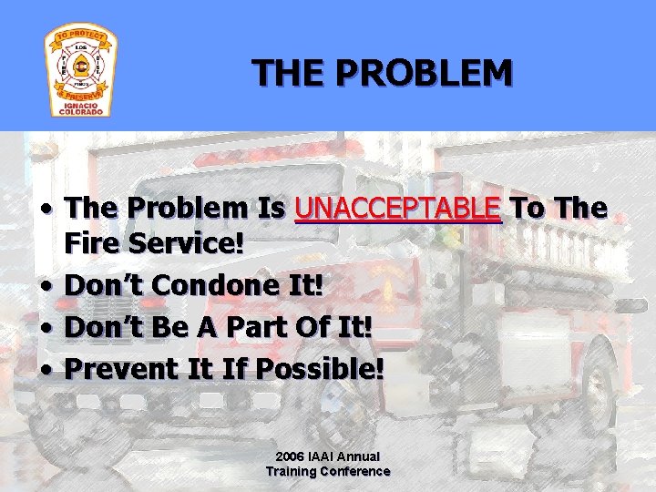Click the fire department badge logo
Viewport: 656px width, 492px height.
[x=81, y=70]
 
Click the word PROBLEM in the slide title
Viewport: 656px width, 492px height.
[x=422, y=73]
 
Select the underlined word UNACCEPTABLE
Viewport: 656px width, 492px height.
[x=398, y=209]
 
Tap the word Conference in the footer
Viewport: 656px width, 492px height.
[x=356, y=471]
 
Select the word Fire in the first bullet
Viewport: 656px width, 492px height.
[x=94, y=244]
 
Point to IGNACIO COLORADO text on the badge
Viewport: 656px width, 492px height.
[x=81, y=108]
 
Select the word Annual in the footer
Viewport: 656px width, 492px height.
[x=362, y=456]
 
